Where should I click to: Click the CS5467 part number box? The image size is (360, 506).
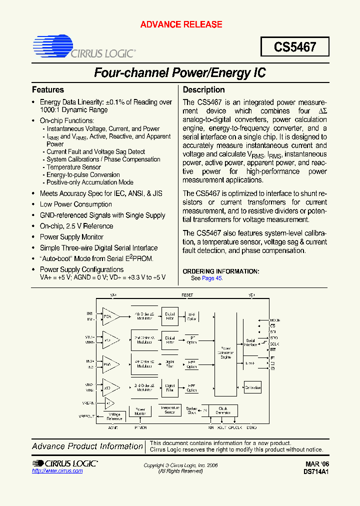coord(295,47)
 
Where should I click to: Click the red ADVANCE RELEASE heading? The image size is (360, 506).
coord(181,24)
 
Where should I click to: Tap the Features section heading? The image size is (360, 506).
coord(48,90)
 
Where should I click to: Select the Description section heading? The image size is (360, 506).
coord(203,90)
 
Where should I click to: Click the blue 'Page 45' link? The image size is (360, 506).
coord(212,278)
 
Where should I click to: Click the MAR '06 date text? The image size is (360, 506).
coord(316,464)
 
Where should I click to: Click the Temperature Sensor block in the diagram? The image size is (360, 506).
coord(169,410)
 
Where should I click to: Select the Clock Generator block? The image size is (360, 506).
coord(223,410)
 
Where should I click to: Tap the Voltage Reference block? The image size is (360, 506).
coord(115,416)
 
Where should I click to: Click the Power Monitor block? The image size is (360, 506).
coord(140,411)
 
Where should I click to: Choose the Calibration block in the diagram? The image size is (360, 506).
coord(252,387)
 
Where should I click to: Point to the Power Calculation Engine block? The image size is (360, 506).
coord(225,353)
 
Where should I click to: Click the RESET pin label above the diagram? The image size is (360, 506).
coord(187,295)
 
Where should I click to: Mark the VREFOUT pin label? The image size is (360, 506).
coord(86,416)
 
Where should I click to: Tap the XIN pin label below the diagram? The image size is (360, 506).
coord(210,427)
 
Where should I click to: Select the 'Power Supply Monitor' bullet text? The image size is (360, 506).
coord(71,237)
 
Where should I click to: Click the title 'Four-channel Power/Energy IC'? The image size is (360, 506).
coord(180,73)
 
